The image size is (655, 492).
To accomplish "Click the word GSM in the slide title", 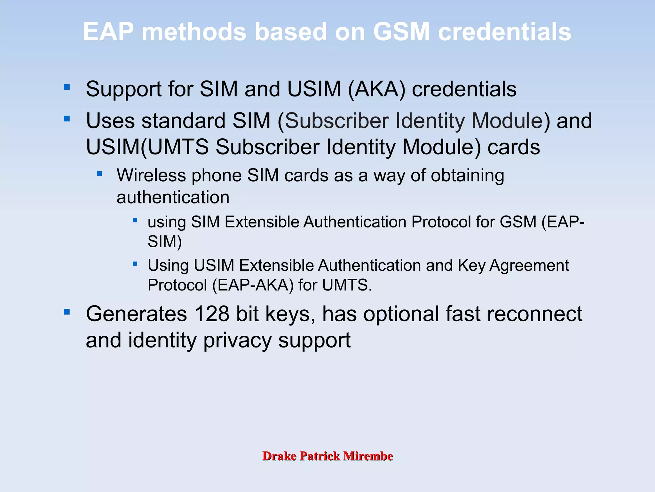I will tap(401, 32).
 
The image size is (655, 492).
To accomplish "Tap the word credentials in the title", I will tap(504, 32).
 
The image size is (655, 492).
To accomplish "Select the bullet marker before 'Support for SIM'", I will tap(67, 87).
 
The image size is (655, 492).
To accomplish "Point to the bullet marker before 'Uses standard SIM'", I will tap(67, 119).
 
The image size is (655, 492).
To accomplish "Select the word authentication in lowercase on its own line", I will tap(173, 197).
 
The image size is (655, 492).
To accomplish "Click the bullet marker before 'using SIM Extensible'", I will tap(135, 220).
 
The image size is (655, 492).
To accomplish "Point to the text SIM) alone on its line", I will tap(164, 241).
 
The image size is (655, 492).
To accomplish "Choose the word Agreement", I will tap(529, 266).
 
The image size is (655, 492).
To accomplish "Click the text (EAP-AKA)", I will tap(253, 285).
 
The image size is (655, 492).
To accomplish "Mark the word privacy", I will tap(237, 340).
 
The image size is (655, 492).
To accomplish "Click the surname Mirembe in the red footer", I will tap(368, 456).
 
